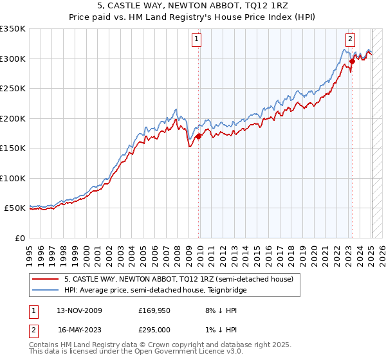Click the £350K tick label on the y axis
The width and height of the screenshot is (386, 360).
click(x=13, y=29)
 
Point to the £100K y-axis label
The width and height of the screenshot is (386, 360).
click(x=13, y=178)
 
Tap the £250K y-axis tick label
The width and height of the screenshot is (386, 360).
click(x=13, y=89)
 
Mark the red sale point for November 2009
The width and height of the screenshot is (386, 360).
click(x=199, y=136)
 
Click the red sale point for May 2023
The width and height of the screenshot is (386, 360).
click(x=352, y=62)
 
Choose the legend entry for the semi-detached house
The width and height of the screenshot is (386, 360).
click(x=179, y=280)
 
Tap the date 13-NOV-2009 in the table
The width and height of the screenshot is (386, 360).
click(x=80, y=310)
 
